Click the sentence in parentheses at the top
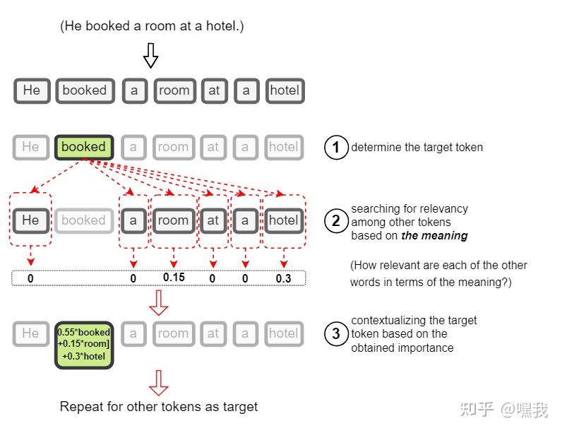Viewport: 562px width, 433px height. click(152, 27)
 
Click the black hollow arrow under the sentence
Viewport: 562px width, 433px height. click(150, 55)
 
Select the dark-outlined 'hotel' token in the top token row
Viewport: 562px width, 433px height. click(285, 90)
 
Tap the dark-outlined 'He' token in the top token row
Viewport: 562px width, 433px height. click(32, 90)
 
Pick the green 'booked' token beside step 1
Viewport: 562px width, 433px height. click(83, 147)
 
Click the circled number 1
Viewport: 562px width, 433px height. click(336, 148)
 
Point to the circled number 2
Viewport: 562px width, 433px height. click(336, 221)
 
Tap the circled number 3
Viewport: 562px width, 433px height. click(336, 333)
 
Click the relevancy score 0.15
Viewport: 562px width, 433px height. click(174, 277)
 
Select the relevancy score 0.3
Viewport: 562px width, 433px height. click(283, 278)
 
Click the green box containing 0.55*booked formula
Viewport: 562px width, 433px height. click(84, 345)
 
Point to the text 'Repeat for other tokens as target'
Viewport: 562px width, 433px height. click(159, 407)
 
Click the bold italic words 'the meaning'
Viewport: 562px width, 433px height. click(434, 236)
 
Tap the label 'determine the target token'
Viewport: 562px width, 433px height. click(417, 148)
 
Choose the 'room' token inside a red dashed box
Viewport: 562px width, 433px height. click(173, 220)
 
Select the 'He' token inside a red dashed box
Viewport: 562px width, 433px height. click(31, 220)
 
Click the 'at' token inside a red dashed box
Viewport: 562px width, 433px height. click(213, 220)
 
